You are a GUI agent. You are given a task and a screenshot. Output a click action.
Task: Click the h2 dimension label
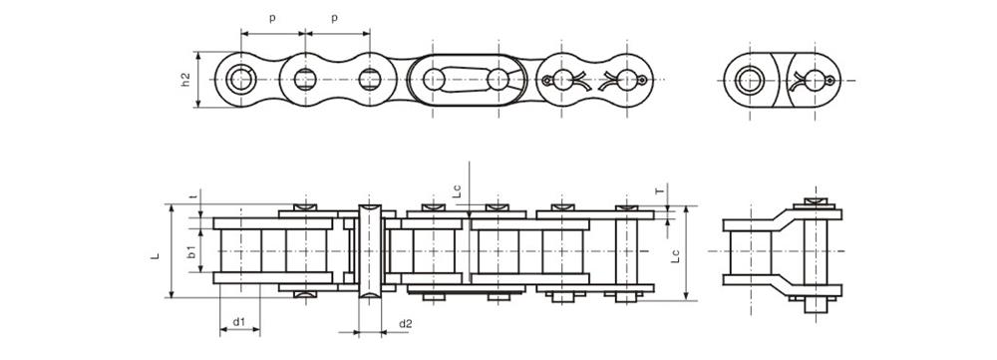pos(187,79)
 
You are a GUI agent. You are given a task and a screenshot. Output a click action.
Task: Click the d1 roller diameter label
pos(239,322)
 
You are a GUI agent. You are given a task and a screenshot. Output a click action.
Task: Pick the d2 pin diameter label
pos(405,322)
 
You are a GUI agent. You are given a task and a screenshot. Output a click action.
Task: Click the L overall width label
pos(156,254)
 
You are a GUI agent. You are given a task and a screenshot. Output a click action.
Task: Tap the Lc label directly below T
pos(676,254)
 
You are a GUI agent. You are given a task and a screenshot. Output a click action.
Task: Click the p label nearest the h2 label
pos(271,18)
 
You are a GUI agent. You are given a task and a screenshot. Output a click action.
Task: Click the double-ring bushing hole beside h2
pos(240,79)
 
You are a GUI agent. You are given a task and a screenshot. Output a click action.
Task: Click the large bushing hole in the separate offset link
pos(750,79)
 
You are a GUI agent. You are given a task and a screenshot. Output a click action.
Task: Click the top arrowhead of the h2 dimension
pos(200,55)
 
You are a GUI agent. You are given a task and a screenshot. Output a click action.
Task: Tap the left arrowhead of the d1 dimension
pos(222,329)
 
